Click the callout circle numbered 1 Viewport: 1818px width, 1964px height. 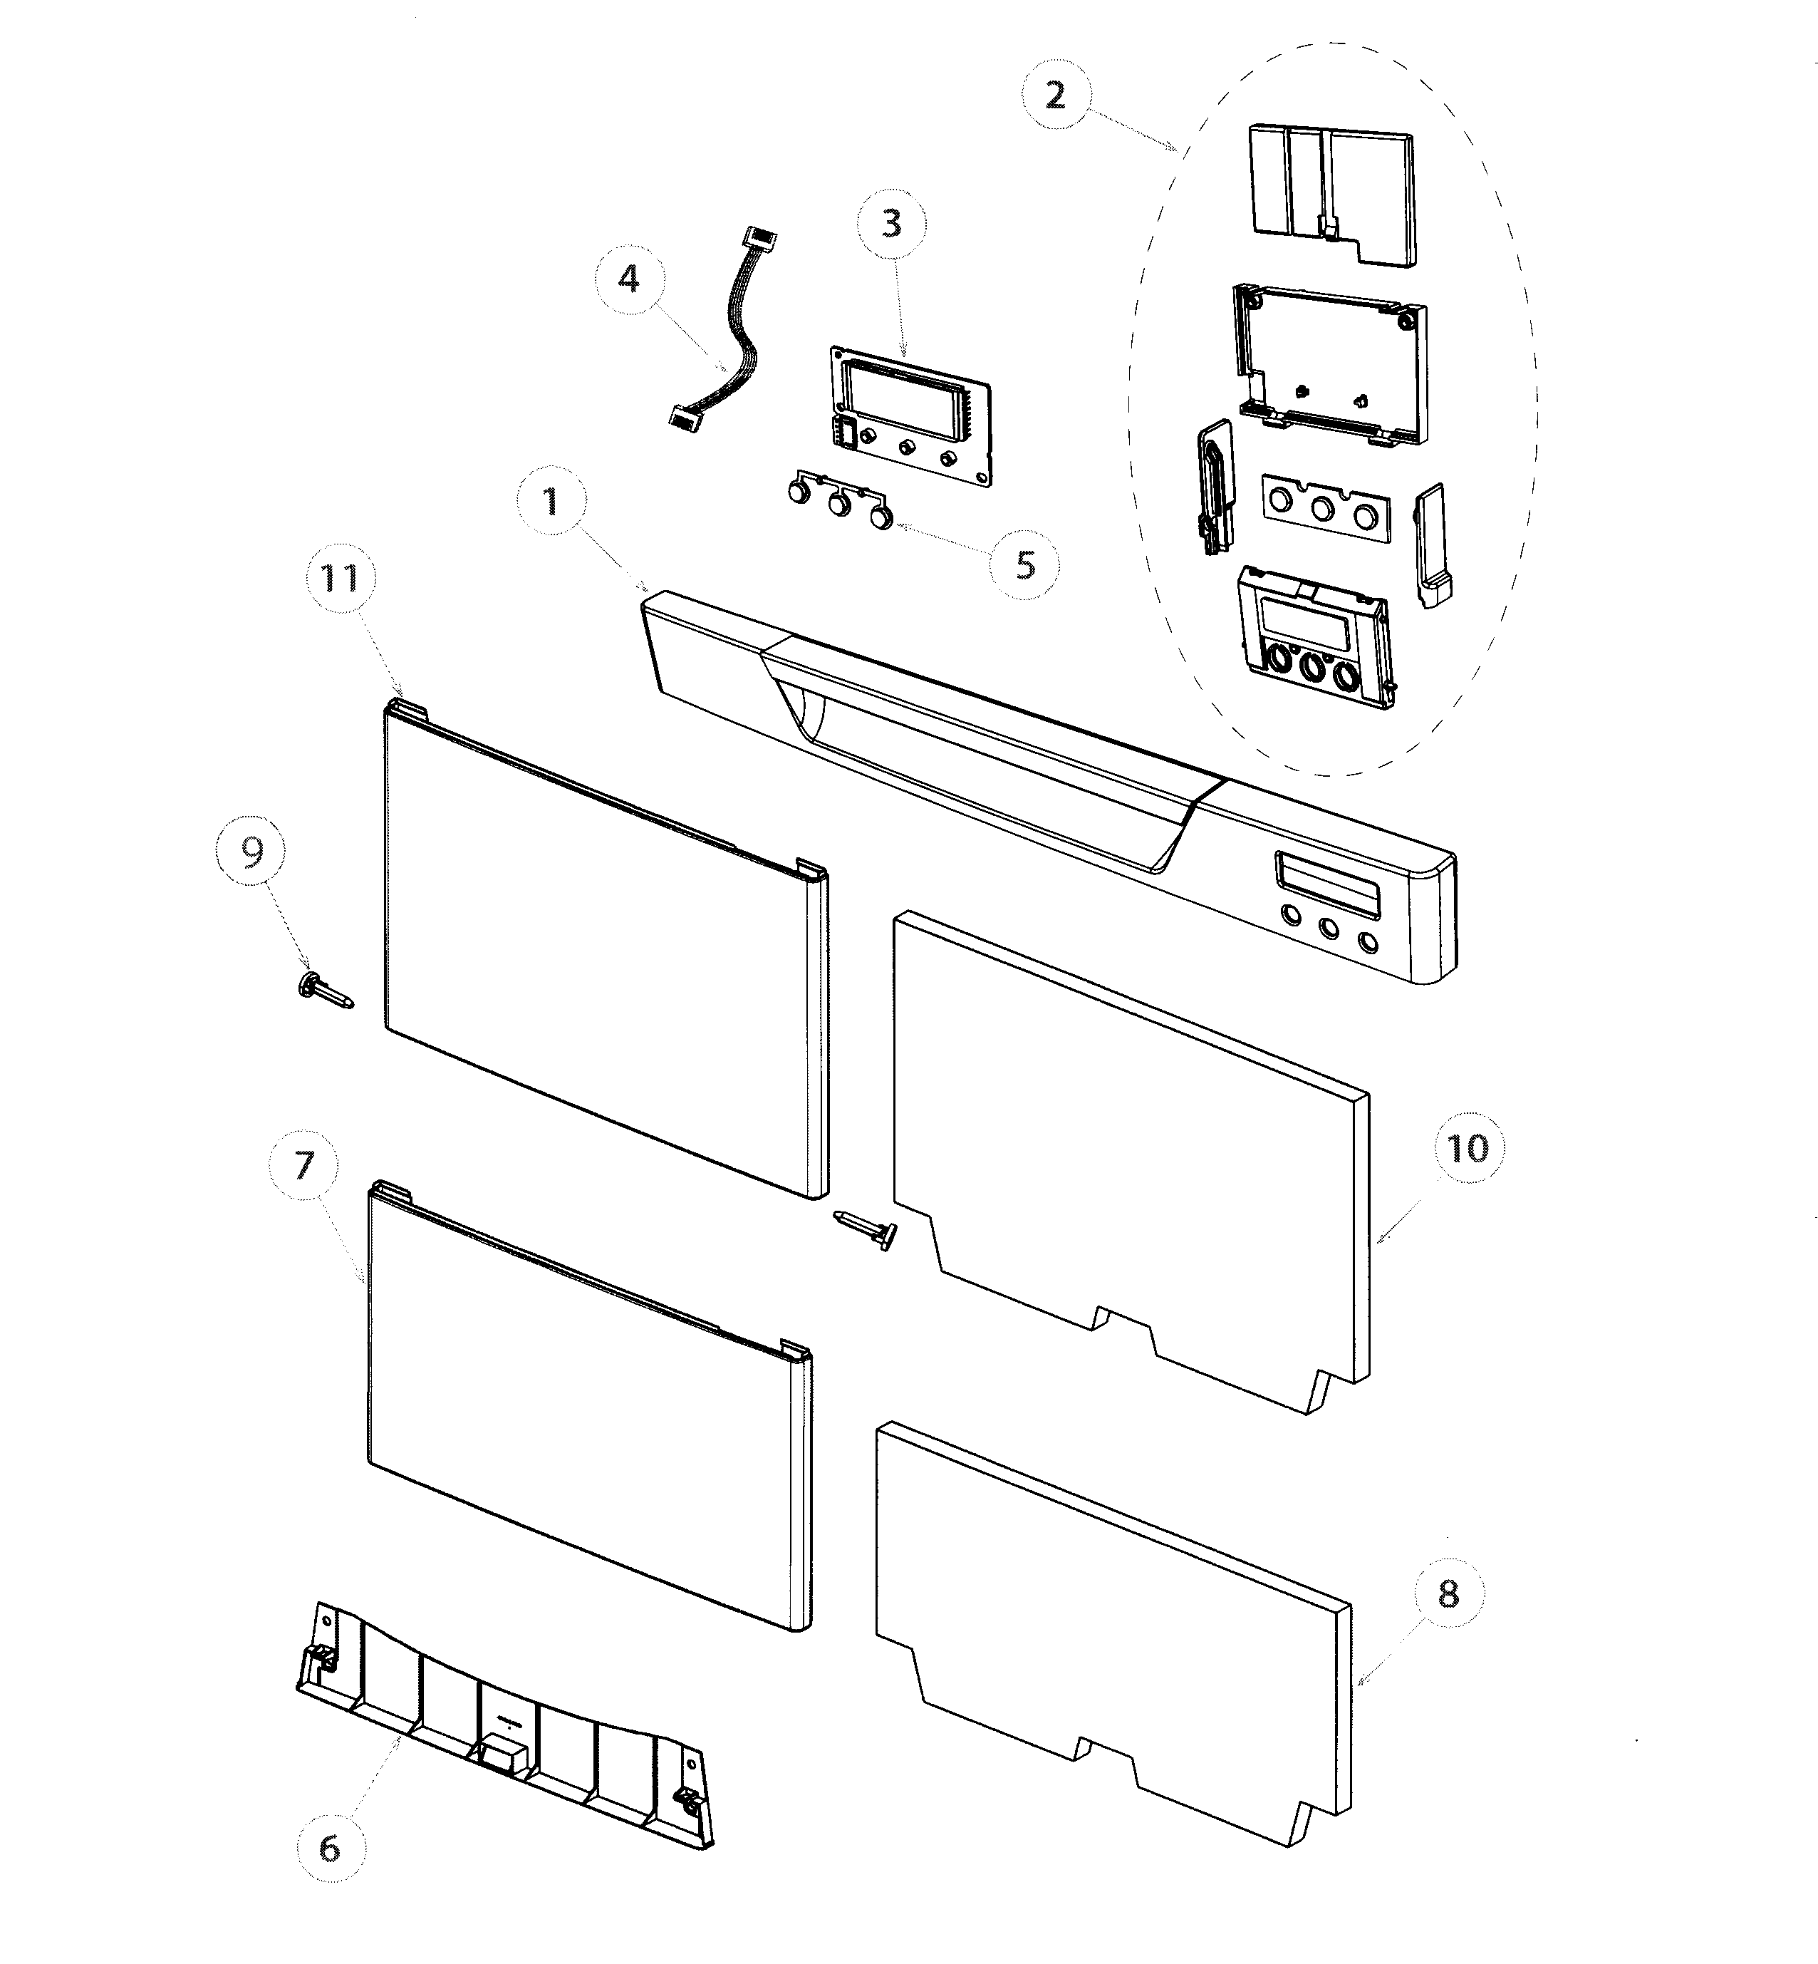(550, 504)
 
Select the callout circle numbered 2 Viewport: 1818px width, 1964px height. (1054, 96)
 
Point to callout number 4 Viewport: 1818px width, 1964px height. (628, 279)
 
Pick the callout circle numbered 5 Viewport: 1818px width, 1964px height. (1025, 565)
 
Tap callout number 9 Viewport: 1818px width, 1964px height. (253, 853)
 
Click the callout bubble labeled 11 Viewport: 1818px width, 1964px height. (341, 578)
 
